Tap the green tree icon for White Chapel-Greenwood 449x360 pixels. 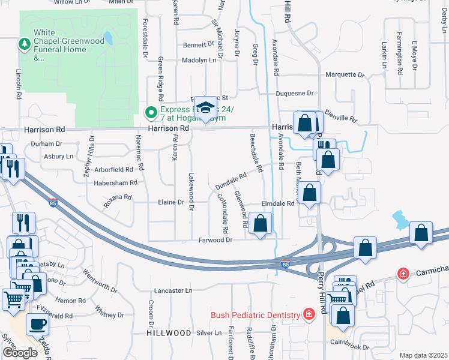pyautogui.click(x=25, y=43)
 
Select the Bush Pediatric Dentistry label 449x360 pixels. pyautogui.click(x=255, y=315)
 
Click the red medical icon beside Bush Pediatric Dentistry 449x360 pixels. pyautogui.click(x=309, y=314)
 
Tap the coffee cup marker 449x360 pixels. pyautogui.click(x=37, y=325)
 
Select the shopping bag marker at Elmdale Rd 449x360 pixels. pyautogui.click(x=310, y=193)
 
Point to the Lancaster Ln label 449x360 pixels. pyautogui.click(x=173, y=290)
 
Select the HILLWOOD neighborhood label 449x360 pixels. pyautogui.click(x=169, y=332)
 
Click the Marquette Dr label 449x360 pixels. pyautogui.click(x=345, y=75)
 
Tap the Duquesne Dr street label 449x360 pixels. pyautogui.click(x=295, y=94)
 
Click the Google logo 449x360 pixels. pyautogui.click(x=20, y=352)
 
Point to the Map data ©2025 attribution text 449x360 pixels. pyautogui.click(x=423, y=355)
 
